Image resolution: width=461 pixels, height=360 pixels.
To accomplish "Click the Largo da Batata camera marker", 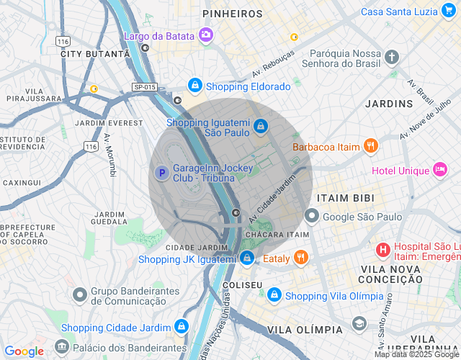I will pyautogui.click(x=206, y=35).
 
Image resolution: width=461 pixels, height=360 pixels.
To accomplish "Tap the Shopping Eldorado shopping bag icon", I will pyautogui.click(x=194, y=86).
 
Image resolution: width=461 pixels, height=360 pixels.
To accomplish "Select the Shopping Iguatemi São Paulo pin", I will pyautogui.click(x=260, y=127).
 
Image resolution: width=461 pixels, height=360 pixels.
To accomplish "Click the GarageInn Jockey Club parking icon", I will pyautogui.click(x=162, y=173).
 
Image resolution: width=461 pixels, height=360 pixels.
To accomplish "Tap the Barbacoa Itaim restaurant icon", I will pyautogui.click(x=370, y=146).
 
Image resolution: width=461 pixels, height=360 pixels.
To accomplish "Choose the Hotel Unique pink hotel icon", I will pyautogui.click(x=439, y=170).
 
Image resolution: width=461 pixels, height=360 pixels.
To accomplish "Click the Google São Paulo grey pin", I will pyautogui.click(x=312, y=215).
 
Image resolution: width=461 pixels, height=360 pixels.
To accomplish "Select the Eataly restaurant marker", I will pyautogui.click(x=301, y=258).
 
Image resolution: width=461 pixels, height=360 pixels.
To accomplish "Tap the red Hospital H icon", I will pyautogui.click(x=383, y=250).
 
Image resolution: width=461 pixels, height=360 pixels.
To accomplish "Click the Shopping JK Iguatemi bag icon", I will pyautogui.click(x=247, y=258).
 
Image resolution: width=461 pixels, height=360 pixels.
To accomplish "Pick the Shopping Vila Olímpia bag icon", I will pyautogui.click(x=274, y=295).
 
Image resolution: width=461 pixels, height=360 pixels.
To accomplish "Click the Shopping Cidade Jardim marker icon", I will pyautogui.click(x=180, y=327).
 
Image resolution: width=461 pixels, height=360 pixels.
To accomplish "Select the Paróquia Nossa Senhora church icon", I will pyautogui.click(x=391, y=57).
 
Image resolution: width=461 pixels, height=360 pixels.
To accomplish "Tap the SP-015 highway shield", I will pyautogui.click(x=145, y=87).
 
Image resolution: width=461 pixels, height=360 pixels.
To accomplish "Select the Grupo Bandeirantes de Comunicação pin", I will pyautogui.click(x=80, y=294).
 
